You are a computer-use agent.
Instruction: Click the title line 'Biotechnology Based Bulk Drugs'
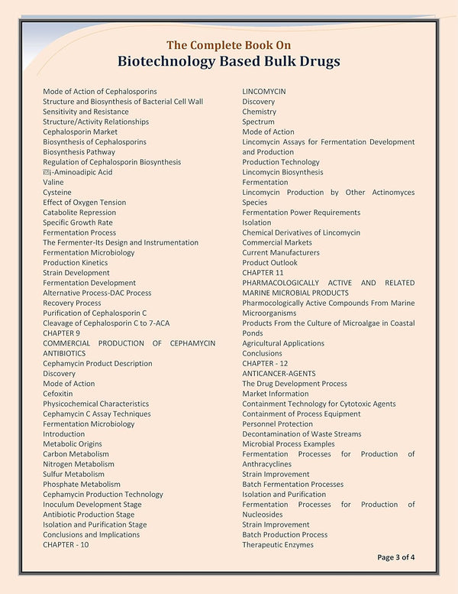[x=229, y=61]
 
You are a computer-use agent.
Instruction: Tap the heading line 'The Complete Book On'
[x=229, y=44]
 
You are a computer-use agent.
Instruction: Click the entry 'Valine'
[x=53, y=183]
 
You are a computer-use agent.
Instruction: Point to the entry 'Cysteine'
[x=57, y=193]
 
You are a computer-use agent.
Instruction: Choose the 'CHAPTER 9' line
[x=61, y=333]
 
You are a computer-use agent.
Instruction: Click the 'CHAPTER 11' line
[x=263, y=273]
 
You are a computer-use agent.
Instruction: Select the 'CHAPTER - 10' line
[x=66, y=545]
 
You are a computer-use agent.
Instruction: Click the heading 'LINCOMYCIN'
[x=264, y=92]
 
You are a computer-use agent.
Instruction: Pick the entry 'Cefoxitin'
[x=58, y=394]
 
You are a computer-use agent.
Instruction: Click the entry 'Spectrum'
[x=258, y=122]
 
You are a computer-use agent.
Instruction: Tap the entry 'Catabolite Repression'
[x=79, y=213]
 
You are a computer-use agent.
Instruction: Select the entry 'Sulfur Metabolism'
[x=73, y=474]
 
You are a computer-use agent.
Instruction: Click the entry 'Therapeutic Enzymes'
[x=278, y=545]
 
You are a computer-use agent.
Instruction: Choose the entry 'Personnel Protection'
[x=277, y=424]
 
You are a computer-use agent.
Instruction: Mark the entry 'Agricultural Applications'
[x=283, y=343]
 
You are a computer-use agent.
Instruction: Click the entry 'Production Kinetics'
[x=75, y=263]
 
